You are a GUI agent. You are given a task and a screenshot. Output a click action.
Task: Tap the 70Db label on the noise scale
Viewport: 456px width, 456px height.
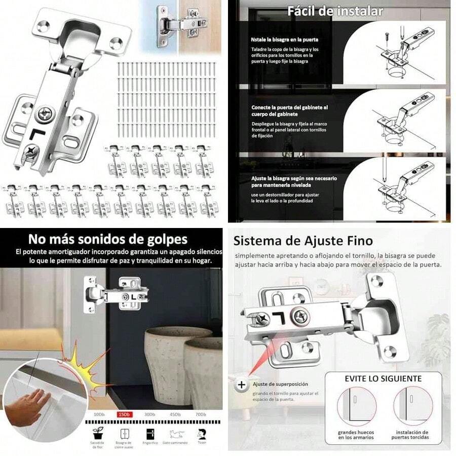pyautogui.click(x=201, y=414)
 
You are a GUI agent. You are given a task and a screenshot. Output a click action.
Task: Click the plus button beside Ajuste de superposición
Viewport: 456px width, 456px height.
pyautogui.click(x=241, y=385)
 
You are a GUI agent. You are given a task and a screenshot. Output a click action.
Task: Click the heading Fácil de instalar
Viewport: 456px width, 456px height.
pyautogui.click(x=335, y=11)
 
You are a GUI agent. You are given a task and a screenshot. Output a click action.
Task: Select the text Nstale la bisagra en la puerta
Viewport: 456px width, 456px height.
pyautogui.click(x=284, y=39)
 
